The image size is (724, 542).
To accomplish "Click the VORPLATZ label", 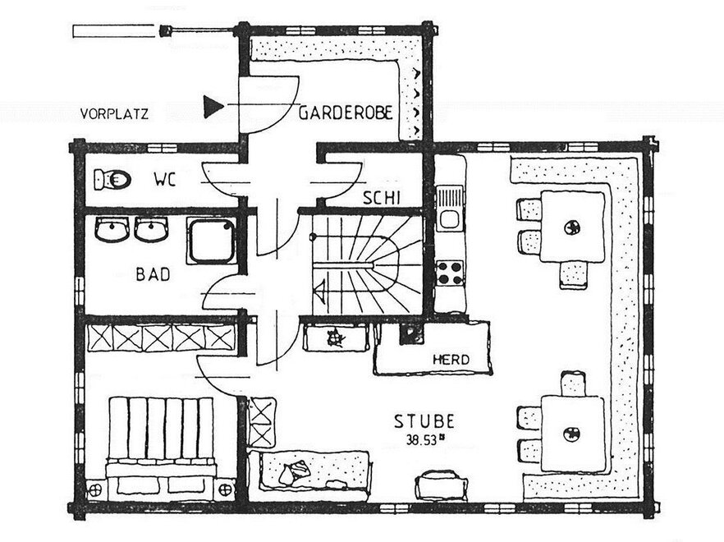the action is pyautogui.click(x=115, y=113).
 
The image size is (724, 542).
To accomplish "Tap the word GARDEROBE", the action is pyautogui.click(x=346, y=113).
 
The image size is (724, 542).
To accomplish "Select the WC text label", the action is pyautogui.click(x=165, y=179).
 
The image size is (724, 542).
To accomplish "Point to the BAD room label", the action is pyautogui.click(x=153, y=274).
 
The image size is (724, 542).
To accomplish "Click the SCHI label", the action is pyautogui.click(x=381, y=198).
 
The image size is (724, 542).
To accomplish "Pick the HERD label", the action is pyautogui.click(x=451, y=359).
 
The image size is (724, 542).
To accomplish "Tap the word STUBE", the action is pyautogui.click(x=424, y=421).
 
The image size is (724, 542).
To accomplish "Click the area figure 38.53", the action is pyautogui.click(x=422, y=440).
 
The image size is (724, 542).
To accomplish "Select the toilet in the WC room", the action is pyautogui.click(x=112, y=179).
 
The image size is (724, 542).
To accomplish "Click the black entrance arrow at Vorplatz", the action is pyautogui.click(x=213, y=107).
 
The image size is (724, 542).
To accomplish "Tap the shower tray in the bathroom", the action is pyautogui.click(x=212, y=241).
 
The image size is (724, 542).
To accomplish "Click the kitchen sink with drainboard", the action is pyautogui.click(x=450, y=208).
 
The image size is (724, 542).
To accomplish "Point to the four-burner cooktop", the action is pyautogui.click(x=450, y=273).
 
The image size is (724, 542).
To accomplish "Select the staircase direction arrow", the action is pyautogui.click(x=320, y=291).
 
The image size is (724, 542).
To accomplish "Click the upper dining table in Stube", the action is pyautogui.click(x=572, y=227).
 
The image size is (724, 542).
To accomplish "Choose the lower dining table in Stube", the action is pyautogui.click(x=573, y=434).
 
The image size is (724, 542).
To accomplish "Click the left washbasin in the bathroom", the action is pyautogui.click(x=112, y=229).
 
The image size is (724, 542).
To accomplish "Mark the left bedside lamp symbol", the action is pyautogui.click(x=96, y=489).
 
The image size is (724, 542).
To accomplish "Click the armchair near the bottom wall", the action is pyautogui.click(x=441, y=485).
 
